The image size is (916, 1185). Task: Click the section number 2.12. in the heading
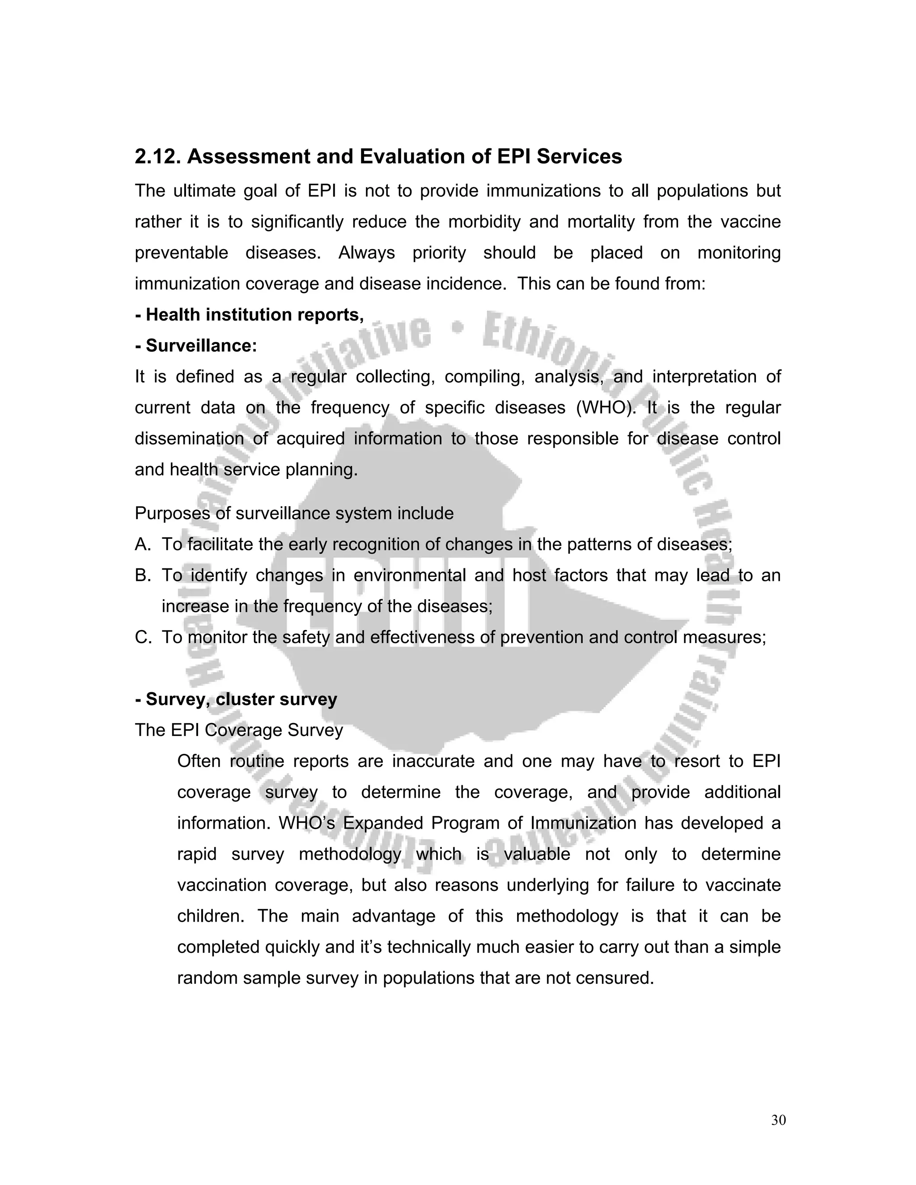(157, 157)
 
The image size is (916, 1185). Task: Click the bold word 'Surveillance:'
(201, 346)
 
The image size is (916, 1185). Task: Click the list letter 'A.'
(143, 544)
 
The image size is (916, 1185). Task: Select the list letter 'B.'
(143, 575)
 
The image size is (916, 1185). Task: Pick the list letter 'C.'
(143, 637)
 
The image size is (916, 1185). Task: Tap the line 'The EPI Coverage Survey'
(239, 730)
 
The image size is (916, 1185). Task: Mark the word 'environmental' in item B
(410, 575)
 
